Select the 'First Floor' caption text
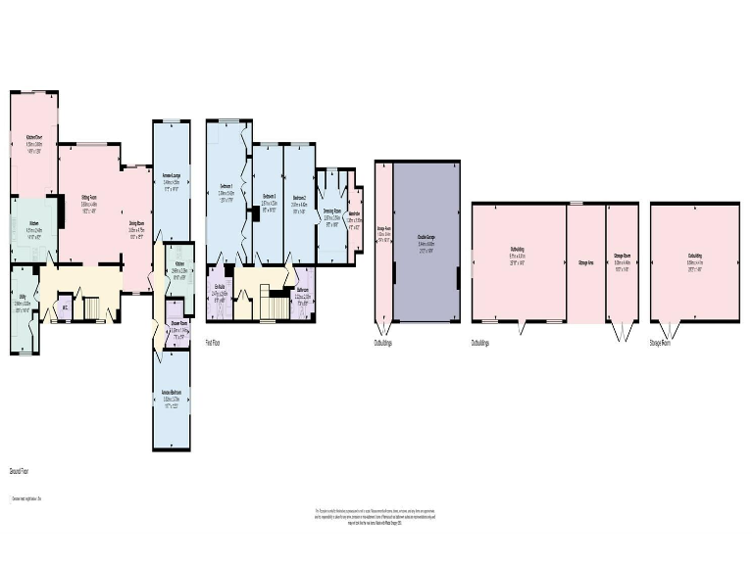click(x=213, y=343)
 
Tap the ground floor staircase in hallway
click(x=93, y=308)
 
